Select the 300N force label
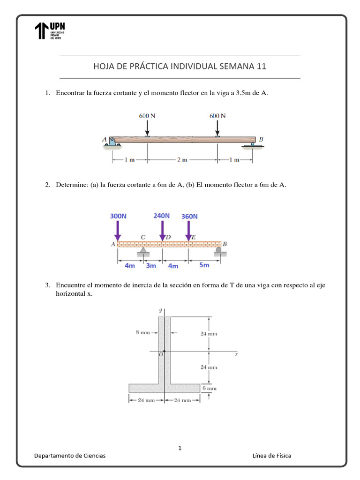click(118, 216)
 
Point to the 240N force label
click(162, 216)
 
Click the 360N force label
click(189, 216)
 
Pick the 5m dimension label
click(204, 265)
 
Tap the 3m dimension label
click(150, 266)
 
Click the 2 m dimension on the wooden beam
click(182, 160)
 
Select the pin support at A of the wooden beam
click(112, 141)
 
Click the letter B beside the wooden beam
click(261, 139)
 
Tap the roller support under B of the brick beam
click(218, 251)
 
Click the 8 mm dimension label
click(142, 332)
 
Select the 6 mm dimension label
click(209, 388)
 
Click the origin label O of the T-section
click(160, 355)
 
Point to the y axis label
click(160, 310)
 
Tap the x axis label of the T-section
click(236, 354)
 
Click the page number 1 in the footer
click(180, 449)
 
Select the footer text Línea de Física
click(271, 456)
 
